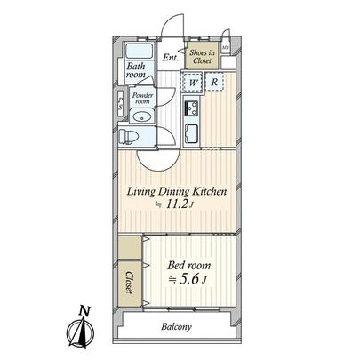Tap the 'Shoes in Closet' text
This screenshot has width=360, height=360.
(x=202, y=56)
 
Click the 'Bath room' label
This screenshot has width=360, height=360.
(x=136, y=71)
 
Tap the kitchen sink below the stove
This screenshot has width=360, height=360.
(x=192, y=135)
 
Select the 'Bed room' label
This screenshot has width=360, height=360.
(x=190, y=264)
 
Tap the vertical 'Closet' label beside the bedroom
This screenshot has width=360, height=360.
(x=130, y=283)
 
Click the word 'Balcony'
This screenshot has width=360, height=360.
(x=177, y=327)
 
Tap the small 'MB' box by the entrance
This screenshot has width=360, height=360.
(x=226, y=48)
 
